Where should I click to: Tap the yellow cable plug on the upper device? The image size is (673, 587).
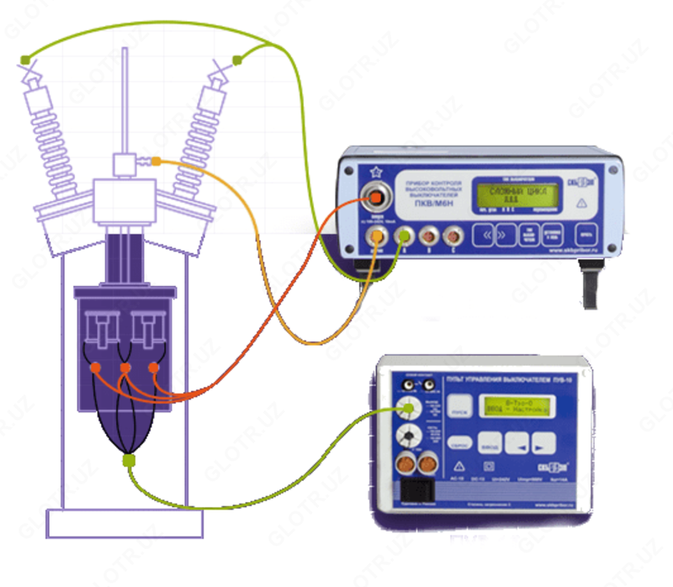point(379,239)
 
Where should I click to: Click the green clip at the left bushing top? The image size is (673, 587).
point(26,58)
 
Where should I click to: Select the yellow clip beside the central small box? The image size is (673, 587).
point(155,161)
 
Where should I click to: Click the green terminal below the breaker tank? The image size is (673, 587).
point(129,459)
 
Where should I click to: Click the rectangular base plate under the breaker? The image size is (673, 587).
point(125,523)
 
